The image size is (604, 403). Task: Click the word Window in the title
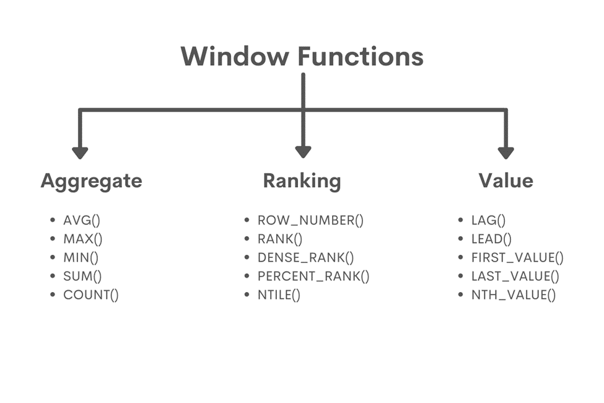click(234, 56)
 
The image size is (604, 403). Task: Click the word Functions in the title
click(361, 56)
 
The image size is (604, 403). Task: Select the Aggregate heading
click(91, 180)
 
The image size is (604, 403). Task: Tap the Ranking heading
click(302, 180)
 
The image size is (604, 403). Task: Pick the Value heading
click(506, 180)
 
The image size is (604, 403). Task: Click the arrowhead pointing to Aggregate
click(80, 152)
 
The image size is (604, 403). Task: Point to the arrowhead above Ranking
click(303, 152)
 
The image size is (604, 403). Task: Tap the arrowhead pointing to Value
click(506, 152)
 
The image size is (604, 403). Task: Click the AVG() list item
click(82, 220)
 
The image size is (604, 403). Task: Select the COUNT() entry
click(90, 295)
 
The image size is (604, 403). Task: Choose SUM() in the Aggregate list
click(82, 277)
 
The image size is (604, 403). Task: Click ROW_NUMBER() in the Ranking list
click(310, 220)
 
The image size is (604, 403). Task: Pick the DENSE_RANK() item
click(305, 258)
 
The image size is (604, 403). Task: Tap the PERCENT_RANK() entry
click(313, 277)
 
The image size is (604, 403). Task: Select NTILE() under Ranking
click(279, 295)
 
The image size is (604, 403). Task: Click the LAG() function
click(489, 220)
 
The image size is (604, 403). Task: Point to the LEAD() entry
click(491, 239)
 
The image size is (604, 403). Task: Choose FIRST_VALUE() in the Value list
click(517, 258)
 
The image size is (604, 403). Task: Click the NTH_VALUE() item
click(514, 295)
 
